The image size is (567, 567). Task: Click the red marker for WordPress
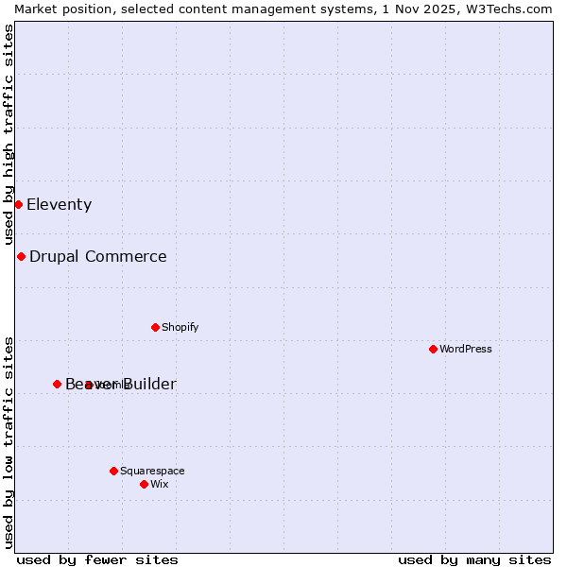point(433,349)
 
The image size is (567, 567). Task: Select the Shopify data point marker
point(155,327)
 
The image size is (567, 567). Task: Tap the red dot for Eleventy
point(18,204)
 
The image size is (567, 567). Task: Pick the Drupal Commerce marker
point(21,256)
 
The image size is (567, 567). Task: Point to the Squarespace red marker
point(113,471)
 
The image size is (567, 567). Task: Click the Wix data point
point(144,484)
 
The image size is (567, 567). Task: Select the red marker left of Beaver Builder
point(57,384)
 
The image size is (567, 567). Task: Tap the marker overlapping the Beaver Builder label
point(89,385)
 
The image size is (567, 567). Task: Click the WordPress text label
point(466,349)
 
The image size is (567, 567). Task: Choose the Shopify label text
point(180,327)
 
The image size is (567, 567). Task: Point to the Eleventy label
point(59,204)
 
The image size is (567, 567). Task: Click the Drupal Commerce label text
point(98,256)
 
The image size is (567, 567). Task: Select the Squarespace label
point(152,471)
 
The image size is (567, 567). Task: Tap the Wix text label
point(160,484)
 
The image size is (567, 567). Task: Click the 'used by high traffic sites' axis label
point(9,134)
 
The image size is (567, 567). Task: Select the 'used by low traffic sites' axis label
point(9,441)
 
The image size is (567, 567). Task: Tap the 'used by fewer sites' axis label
point(97,559)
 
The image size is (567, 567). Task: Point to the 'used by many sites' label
point(474,559)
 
